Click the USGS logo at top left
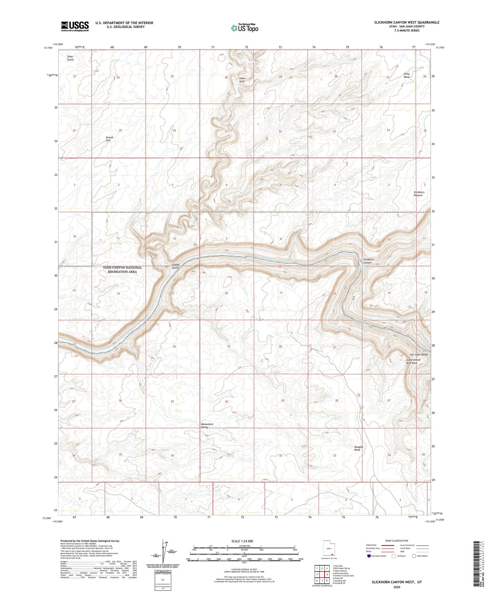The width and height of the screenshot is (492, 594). (x=75, y=26)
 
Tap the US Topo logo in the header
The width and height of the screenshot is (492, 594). (x=244, y=28)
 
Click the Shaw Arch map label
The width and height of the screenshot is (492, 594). (x=242, y=80)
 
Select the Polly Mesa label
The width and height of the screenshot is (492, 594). (x=407, y=76)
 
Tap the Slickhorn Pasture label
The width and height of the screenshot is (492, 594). (x=419, y=194)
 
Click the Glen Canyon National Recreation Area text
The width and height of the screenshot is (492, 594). (x=123, y=270)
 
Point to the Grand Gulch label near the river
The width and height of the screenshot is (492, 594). (x=175, y=266)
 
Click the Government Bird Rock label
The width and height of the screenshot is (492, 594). (x=412, y=361)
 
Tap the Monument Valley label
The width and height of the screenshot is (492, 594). (x=207, y=426)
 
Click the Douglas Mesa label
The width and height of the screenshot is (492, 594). (x=359, y=448)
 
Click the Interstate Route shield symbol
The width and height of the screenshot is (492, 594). (x=369, y=556)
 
